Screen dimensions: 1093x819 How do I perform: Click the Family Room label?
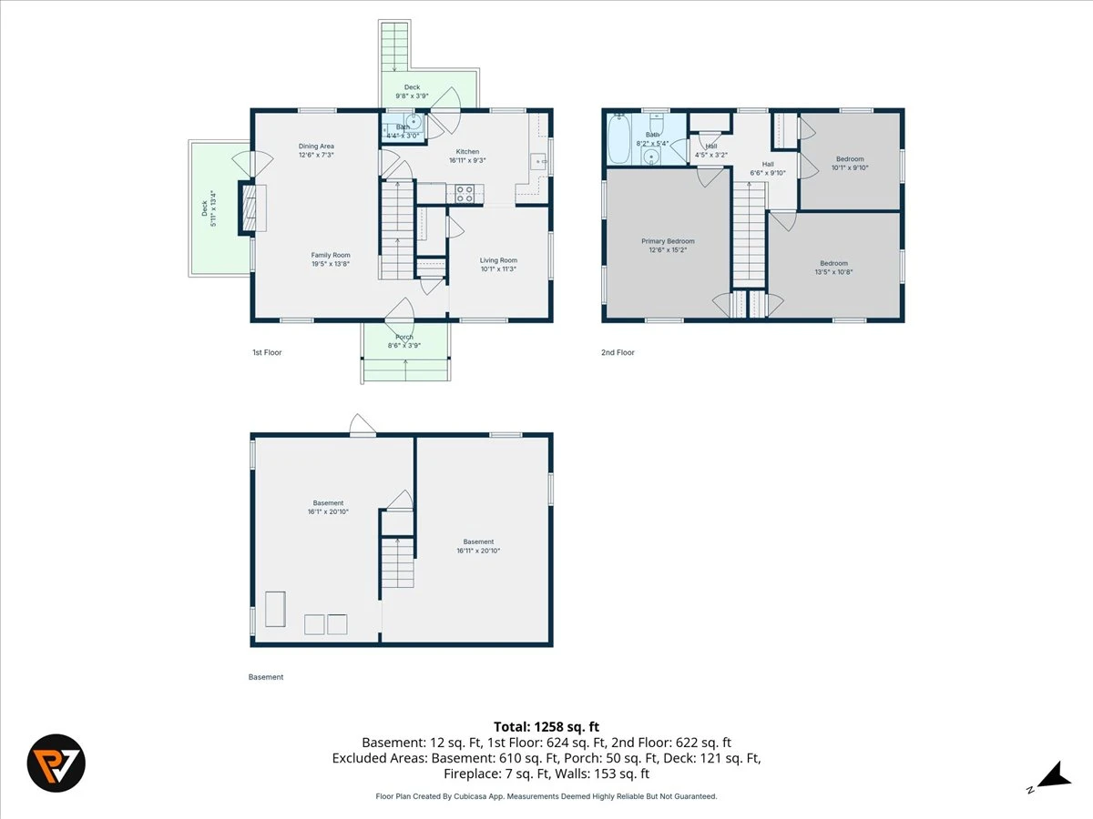(330, 255)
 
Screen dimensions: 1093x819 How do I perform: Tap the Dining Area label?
(316, 147)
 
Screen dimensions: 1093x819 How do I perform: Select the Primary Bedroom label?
(668, 241)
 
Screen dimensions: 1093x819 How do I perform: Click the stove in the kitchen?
(465, 194)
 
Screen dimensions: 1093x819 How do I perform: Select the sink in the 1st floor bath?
(414, 121)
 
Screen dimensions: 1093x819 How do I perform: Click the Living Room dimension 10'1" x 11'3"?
(498, 269)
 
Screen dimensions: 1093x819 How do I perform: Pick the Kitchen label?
(467, 152)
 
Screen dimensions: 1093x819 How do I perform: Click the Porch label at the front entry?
(404, 337)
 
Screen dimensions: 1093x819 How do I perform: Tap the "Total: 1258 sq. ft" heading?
(546, 727)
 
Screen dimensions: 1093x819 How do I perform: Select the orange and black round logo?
(56, 763)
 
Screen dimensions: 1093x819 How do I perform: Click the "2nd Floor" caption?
(618, 352)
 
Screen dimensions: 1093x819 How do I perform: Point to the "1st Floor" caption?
(267, 352)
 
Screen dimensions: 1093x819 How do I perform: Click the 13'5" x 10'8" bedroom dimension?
(834, 272)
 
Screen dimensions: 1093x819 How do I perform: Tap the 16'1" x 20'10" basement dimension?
(328, 511)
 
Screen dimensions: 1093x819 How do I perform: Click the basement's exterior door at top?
(363, 427)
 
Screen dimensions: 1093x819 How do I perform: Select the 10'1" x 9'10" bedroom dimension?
(850, 167)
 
